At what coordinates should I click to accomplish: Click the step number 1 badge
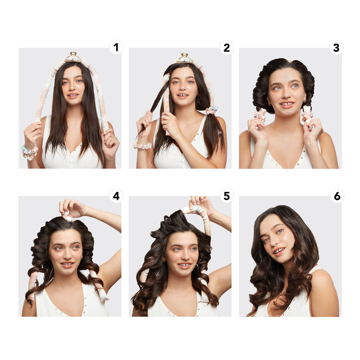click(116, 47)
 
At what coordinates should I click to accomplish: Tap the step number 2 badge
click(226, 47)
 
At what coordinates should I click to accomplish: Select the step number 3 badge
click(336, 47)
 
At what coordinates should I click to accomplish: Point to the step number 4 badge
click(116, 196)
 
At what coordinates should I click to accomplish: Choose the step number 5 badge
click(226, 196)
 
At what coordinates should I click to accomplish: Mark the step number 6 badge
click(336, 196)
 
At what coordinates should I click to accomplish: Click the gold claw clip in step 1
click(73, 58)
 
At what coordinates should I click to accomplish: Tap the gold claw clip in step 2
click(184, 59)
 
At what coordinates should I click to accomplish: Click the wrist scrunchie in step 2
click(143, 145)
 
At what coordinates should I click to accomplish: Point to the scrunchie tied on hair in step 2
click(210, 110)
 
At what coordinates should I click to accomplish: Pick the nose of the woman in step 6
click(275, 243)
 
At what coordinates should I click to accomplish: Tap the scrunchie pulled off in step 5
click(197, 207)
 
